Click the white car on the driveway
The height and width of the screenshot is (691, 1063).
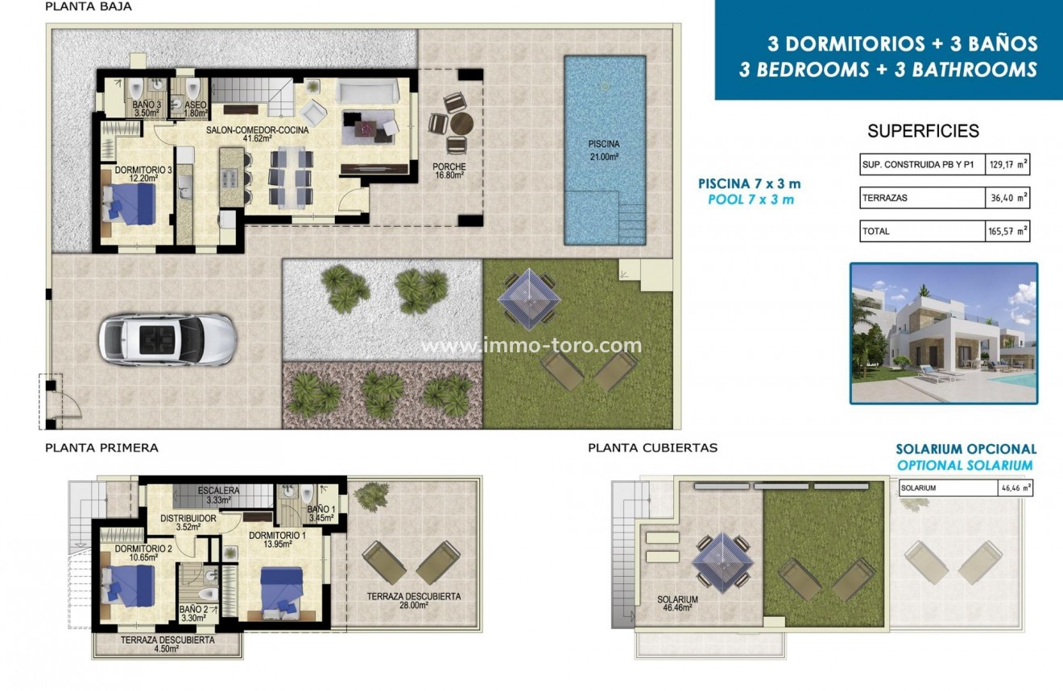pyautogui.click(x=167, y=339)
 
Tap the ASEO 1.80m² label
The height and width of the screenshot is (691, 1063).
pyautogui.click(x=196, y=109)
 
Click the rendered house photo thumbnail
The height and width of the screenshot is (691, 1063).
pyautogui.click(x=943, y=333)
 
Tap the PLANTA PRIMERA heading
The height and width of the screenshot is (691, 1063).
pyautogui.click(x=101, y=447)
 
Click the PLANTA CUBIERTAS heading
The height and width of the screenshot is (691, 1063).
pyautogui.click(x=652, y=447)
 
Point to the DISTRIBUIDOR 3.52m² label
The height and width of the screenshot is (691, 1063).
pyautogui.click(x=188, y=523)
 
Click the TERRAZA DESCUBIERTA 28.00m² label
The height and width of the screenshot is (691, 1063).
pyautogui.click(x=413, y=601)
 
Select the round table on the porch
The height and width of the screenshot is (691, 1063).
pyautogui.click(x=461, y=125)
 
